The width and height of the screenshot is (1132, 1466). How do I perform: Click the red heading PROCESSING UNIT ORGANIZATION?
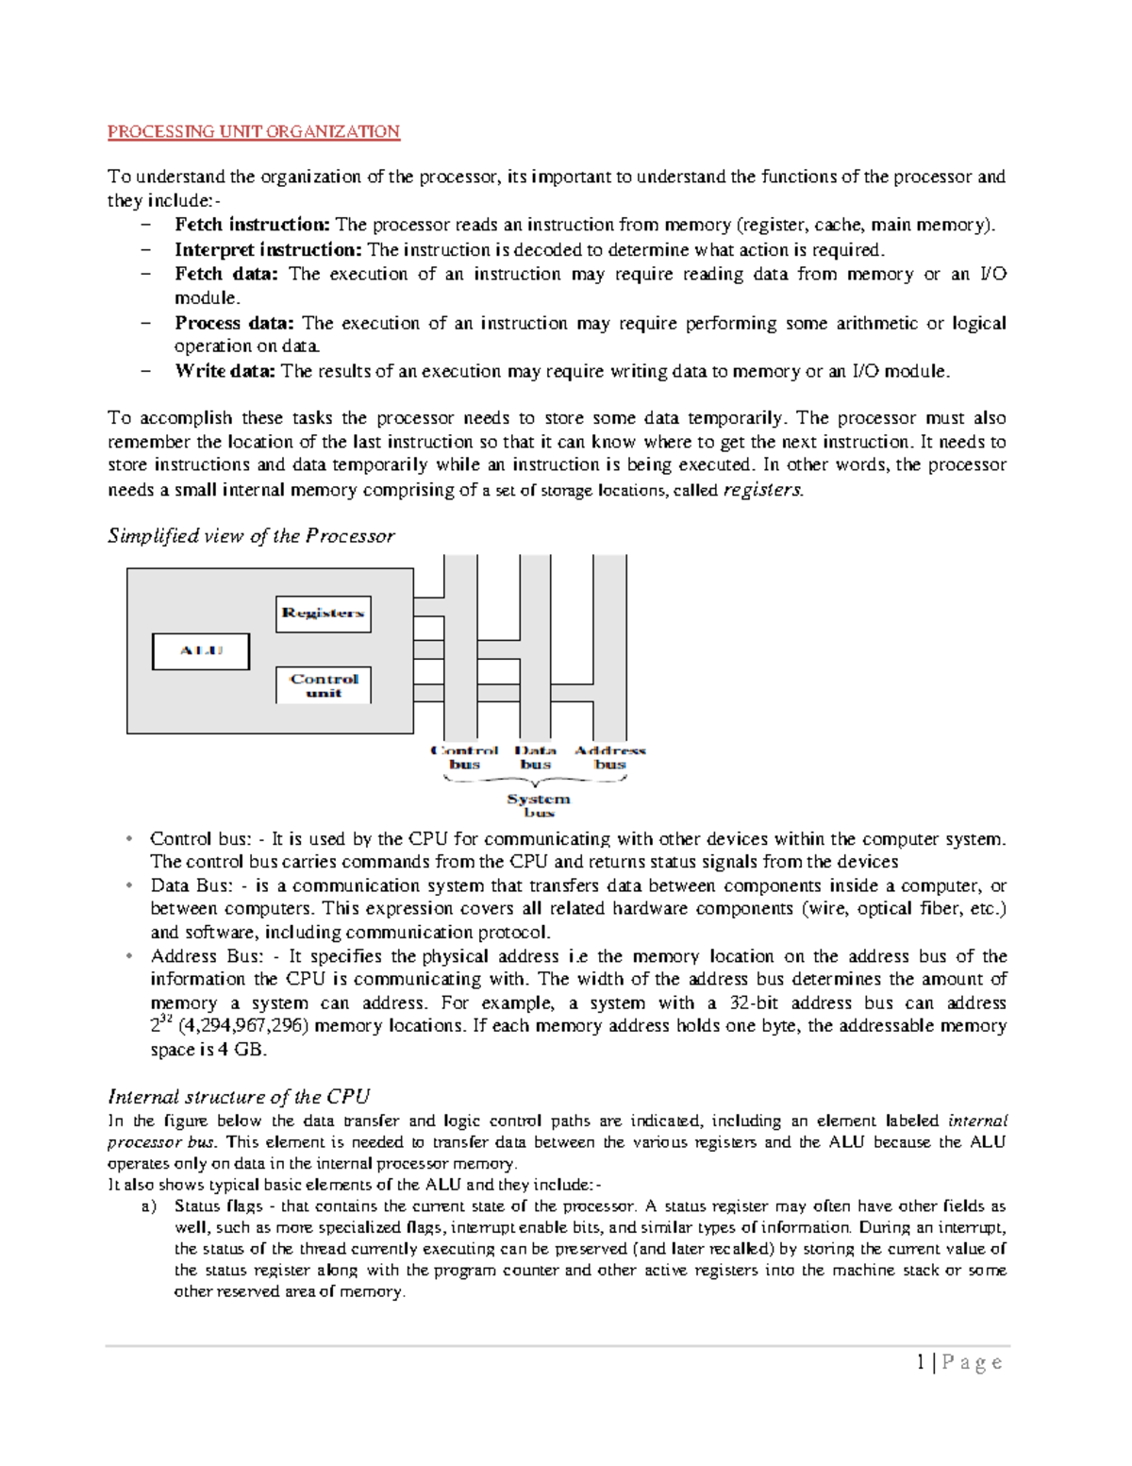click(x=254, y=131)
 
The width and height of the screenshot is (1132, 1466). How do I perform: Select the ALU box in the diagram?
click(x=201, y=651)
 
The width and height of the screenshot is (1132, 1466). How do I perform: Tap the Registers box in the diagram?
click(x=323, y=614)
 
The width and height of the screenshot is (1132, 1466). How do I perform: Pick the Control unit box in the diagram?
click(x=324, y=685)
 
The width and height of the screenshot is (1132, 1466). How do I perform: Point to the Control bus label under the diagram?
click(x=464, y=757)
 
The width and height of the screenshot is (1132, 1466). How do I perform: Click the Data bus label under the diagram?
click(x=535, y=757)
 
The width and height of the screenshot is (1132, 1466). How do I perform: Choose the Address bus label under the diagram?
click(x=610, y=757)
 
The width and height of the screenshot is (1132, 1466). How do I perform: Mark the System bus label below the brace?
click(x=539, y=805)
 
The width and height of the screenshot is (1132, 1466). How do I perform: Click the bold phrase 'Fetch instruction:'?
click(x=252, y=225)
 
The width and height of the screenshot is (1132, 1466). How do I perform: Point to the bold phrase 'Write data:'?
click(x=225, y=371)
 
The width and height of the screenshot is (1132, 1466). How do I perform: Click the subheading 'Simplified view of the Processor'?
click(x=251, y=536)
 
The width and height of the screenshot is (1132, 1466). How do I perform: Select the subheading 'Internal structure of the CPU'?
click(x=239, y=1097)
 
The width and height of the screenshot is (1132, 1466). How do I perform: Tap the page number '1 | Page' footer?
click(x=958, y=1362)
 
